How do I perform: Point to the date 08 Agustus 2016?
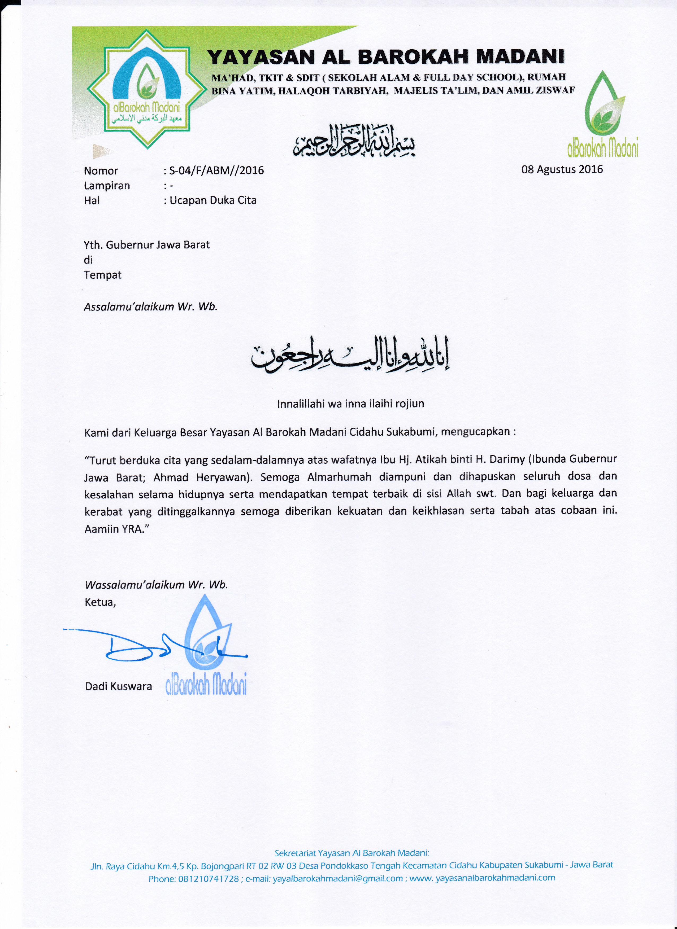coord(562,169)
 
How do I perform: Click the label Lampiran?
coord(107,186)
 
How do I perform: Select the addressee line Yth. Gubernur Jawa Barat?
coord(147,245)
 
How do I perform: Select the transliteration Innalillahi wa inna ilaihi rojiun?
coord(350,404)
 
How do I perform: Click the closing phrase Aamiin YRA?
coord(116,529)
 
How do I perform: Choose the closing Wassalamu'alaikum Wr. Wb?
coord(156,585)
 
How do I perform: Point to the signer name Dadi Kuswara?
coord(118,686)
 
